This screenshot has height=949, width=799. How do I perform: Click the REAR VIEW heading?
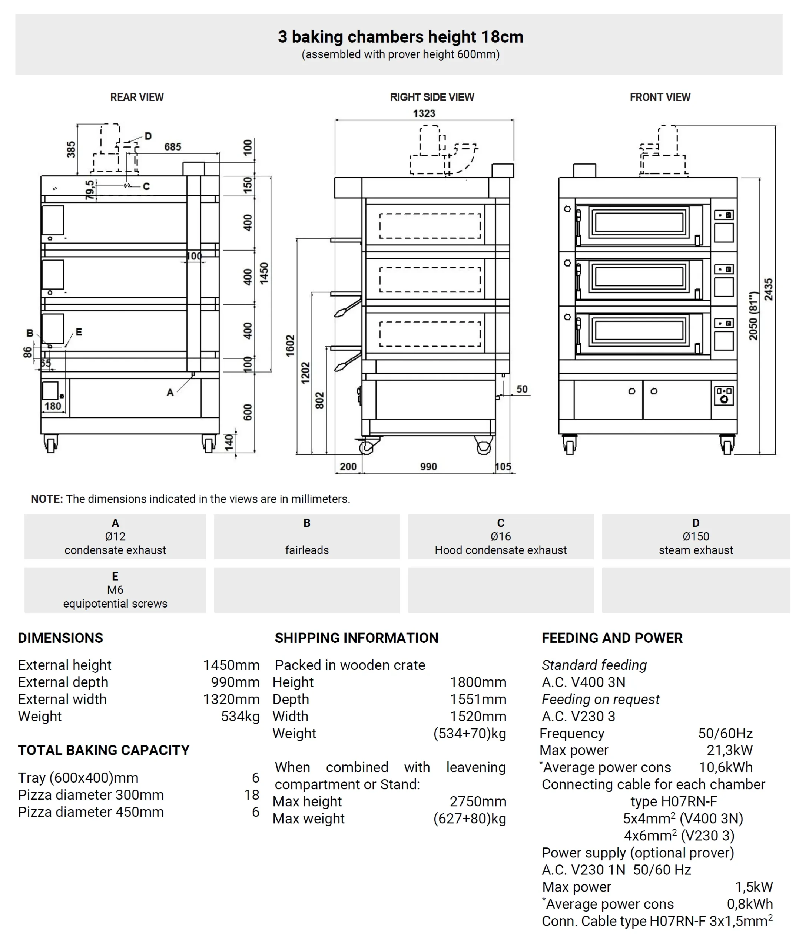point(137,97)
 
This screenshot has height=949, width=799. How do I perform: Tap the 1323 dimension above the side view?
point(424,113)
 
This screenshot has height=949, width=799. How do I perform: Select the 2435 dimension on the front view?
point(769,290)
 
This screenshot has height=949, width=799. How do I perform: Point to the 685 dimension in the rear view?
point(173,147)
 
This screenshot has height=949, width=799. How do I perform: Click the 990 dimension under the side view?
point(428,467)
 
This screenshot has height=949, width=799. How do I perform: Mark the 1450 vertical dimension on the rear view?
point(264,273)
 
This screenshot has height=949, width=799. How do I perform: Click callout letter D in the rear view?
point(148,136)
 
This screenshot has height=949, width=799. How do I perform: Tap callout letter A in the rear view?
point(170,392)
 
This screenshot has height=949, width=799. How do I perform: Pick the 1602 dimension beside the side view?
point(290,345)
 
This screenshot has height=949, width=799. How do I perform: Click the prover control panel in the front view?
point(724,396)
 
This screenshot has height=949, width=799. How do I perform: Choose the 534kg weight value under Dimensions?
point(240,716)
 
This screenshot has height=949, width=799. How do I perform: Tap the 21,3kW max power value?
point(729,750)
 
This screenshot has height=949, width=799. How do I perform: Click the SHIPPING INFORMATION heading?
point(357,638)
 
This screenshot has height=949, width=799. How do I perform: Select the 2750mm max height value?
point(478,801)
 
